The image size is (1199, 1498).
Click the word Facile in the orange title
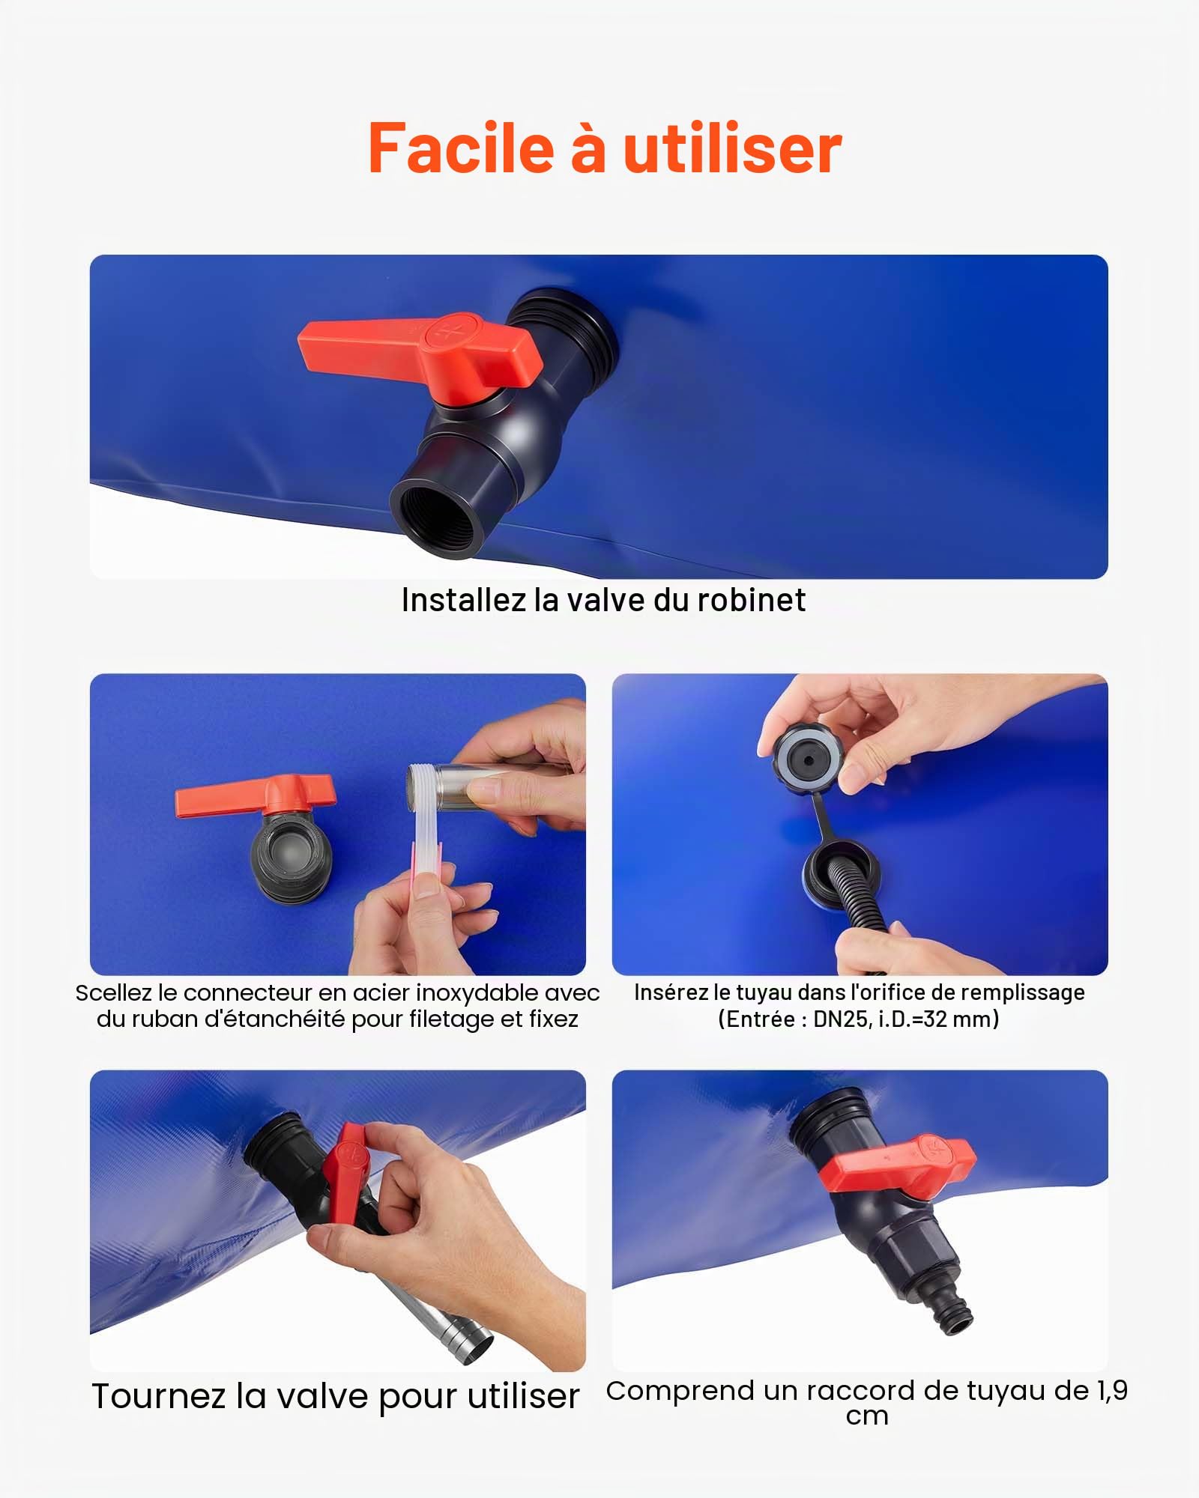[x=460, y=148]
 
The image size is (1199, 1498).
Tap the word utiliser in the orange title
[x=732, y=148]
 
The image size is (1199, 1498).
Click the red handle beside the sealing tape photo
[x=255, y=796]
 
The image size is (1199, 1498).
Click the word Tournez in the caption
[x=160, y=1397]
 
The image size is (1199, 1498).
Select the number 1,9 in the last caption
[x=1113, y=1391]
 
